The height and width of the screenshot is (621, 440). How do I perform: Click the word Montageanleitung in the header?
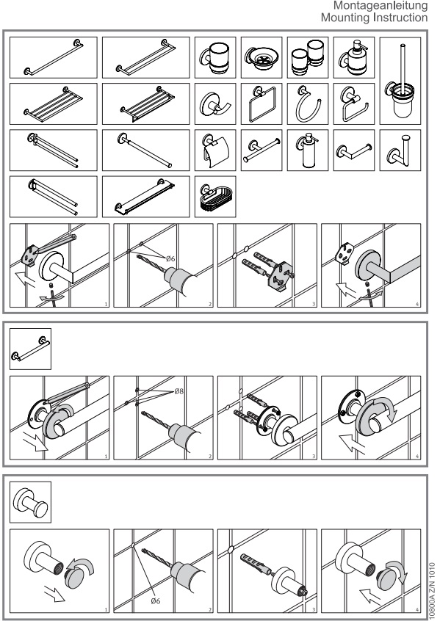(381, 6)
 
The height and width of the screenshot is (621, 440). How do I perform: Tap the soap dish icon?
(262, 57)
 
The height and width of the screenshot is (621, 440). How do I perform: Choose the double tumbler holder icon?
(308, 57)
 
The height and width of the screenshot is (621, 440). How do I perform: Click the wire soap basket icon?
(215, 197)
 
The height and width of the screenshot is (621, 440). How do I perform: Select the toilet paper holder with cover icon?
(215, 150)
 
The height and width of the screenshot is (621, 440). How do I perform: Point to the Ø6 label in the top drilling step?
(170, 258)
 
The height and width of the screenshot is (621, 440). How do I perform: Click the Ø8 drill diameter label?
(178, 391)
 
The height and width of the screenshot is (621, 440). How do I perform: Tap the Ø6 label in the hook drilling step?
(156, 600)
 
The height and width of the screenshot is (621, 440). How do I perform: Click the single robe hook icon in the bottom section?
(31, 502)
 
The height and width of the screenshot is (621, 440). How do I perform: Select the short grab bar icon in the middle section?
(31, 349)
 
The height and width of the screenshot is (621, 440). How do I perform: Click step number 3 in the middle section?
(314, 457)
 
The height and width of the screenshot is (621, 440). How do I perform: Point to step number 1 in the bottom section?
(106, 610)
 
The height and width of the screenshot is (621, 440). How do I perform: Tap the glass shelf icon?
(146, 197)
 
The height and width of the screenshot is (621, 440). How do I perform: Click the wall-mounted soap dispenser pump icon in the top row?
(354, 57)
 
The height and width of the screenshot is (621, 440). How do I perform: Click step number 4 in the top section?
(417, 304)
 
